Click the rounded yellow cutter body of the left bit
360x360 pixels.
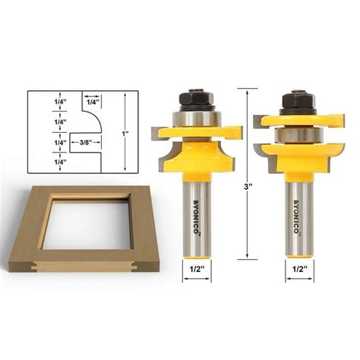197,155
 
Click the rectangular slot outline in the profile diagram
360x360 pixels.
86,141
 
